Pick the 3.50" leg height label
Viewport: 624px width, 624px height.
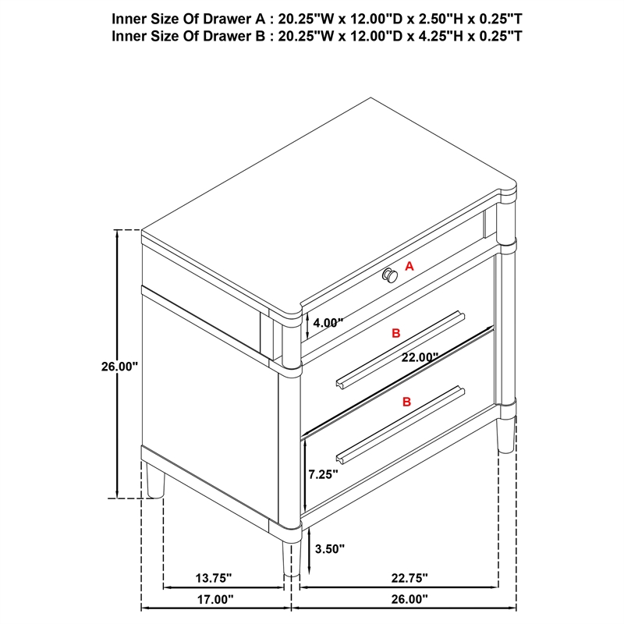[329, 549]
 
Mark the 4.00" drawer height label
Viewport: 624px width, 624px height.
[328, 321]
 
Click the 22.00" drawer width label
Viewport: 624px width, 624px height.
[420, 357]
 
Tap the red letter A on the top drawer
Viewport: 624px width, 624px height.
[409, 266]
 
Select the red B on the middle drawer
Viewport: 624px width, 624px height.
[396, 333]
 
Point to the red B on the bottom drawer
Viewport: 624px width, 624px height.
[406, 402]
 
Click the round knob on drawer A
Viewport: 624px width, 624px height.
[390, 275]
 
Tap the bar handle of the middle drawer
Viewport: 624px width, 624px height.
[400, 349]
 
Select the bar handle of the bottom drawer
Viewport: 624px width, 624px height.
[400, 420]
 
